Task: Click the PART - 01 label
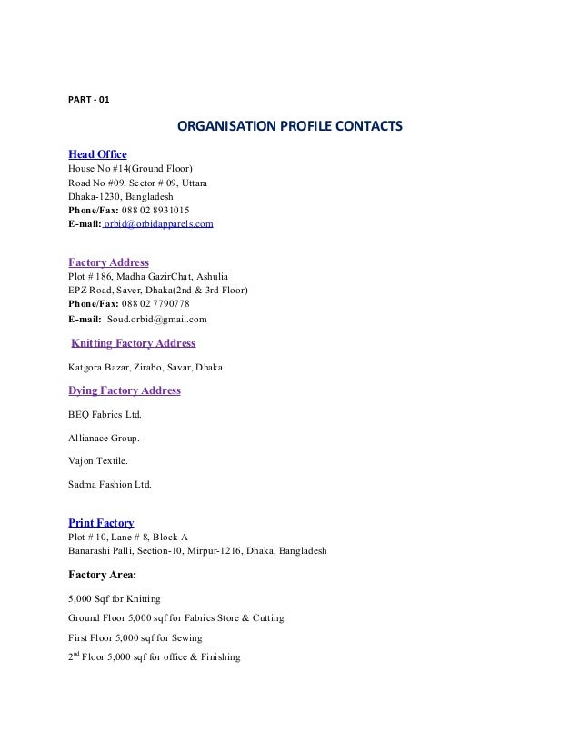[x=89, y=99]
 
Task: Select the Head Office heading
[x=97, y=153]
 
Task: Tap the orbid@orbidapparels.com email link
[x=160, y=222]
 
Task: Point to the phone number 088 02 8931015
[x=155, y=209]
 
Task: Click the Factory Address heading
[x=108, y=262]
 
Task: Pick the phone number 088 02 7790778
[x=155, y=303]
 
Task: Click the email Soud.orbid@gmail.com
[x=156, y=320]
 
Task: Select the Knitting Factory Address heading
[x=133, y=343]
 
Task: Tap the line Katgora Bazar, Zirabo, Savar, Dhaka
[x=146, y=368]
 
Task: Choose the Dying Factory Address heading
[x=125, y=391]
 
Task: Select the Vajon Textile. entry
[x=97, y=462]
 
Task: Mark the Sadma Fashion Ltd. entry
[x=111, y=486]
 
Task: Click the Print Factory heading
[x=101, y=523]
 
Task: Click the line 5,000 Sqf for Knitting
[x=115, y=598]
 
